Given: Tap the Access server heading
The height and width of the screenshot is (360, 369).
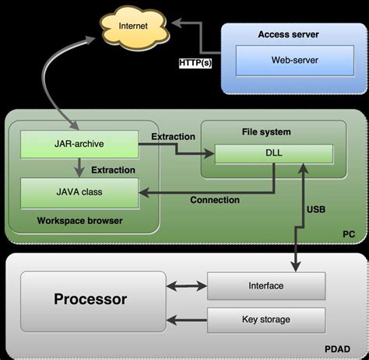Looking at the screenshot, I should [x=288, y=34].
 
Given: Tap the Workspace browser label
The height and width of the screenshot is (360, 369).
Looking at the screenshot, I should [x=80, y=221].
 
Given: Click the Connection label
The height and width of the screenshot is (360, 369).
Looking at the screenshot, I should [x=214, y=200].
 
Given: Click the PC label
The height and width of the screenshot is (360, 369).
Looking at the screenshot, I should [x=349, y=233].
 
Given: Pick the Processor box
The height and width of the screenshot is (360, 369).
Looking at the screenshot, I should [x=90, y=299].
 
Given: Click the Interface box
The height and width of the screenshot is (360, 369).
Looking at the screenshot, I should [x=265, y=285].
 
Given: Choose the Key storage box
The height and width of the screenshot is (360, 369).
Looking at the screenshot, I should [x=265, y=319].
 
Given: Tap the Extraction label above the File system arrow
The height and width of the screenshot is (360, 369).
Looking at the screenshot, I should [x=172, y=137].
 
